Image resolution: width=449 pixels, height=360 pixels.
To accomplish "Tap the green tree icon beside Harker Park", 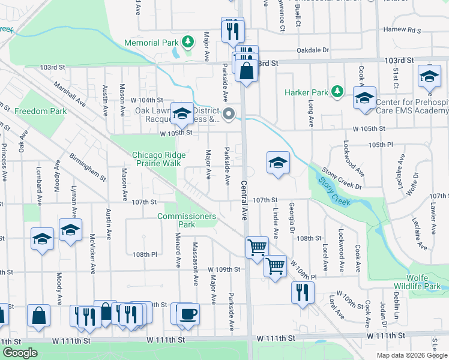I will [x=338, y=92].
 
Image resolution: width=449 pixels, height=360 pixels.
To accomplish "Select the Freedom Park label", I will [x=41, y=111].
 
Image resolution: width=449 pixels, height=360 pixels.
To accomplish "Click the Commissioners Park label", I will [x=187, y=220].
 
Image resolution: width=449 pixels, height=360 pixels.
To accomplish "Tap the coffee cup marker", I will [x=188, y=314].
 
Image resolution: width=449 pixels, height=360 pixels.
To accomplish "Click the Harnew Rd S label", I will [x=403, y=29].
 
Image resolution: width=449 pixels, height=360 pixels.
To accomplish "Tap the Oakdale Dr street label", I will [x=313, y=51].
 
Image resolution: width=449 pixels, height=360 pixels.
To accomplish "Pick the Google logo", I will [x=20, y=353].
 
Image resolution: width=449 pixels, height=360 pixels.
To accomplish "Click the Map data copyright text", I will [x=412, y=355].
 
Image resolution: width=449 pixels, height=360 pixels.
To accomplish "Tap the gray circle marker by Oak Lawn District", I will [x=228, y=113].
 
